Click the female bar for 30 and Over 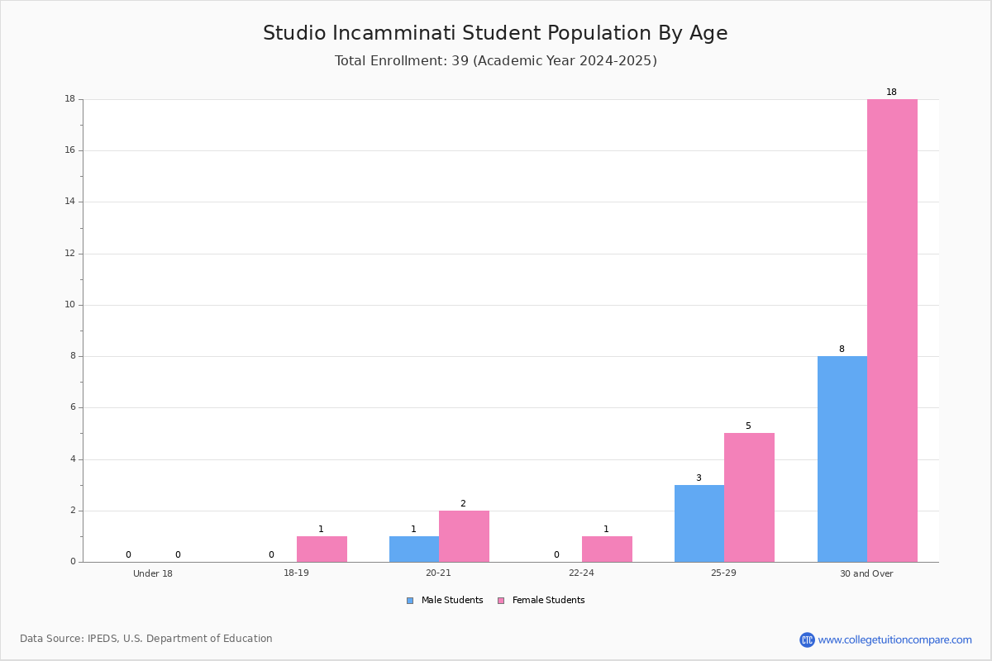click(892, 330)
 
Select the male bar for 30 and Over click(842, 459)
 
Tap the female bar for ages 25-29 click(749, 497)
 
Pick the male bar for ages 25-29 click(699, 524)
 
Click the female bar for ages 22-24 click(607, 549)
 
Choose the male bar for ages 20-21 click(414, 549)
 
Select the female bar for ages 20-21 click(464, 536)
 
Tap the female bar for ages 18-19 click(322, 549)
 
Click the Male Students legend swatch click(410, 601)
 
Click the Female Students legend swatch click(501, 601)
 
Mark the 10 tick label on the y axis click(70, 305)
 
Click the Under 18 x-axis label click(153, 573)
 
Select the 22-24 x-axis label click(581, 573)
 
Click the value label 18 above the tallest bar click(891, 92)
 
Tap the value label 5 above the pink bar click(748, 426)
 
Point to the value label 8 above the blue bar click(842, 349)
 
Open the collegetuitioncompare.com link click(894, 640)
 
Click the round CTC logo click(807, 640)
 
